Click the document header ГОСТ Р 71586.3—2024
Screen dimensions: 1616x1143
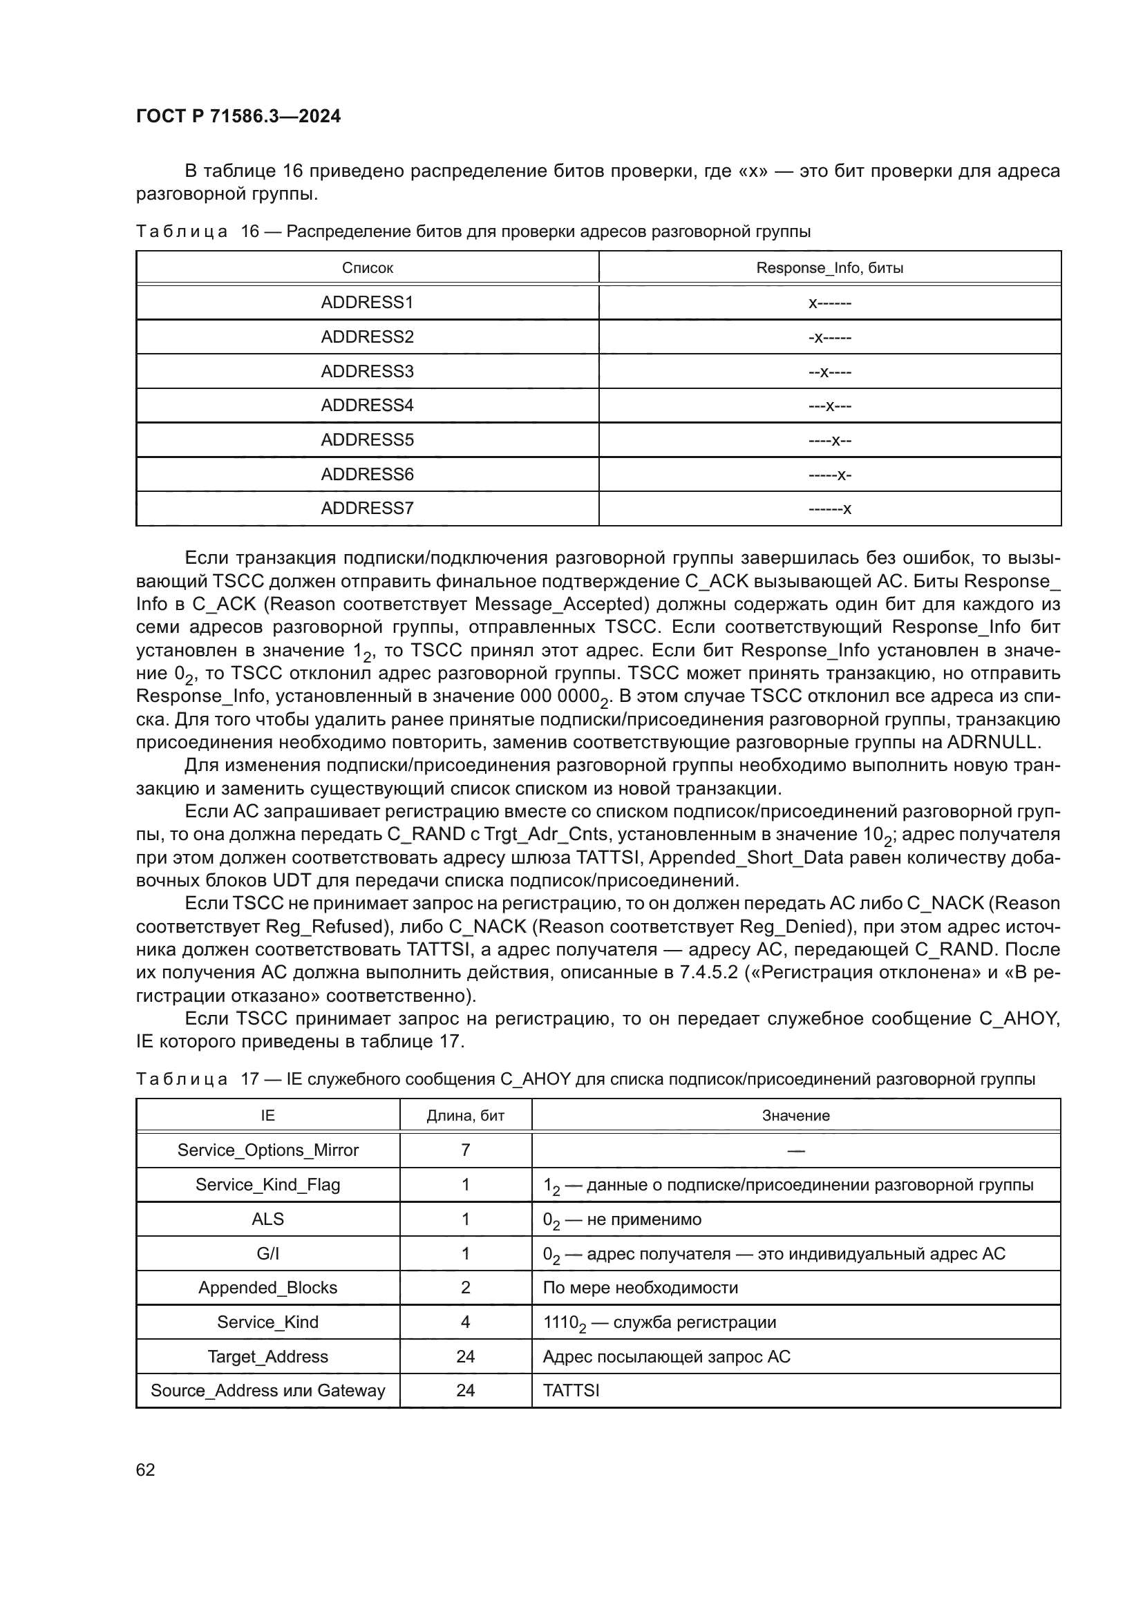coord(238,116)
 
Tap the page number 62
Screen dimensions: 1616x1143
coord(146,1470)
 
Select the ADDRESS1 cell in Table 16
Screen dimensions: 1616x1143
coord(367,303)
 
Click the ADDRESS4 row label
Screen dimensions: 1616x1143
coord(367,406)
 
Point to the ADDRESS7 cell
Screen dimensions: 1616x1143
coord(367,508)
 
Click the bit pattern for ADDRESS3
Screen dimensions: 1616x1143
coord(829,372)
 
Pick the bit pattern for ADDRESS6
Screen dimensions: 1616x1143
coord(829,475)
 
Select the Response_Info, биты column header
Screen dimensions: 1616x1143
coord(829,268)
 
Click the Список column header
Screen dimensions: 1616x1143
coord(367,268)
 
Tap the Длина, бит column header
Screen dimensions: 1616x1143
coord(465,1116)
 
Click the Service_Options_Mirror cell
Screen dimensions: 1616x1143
coord(267,1150)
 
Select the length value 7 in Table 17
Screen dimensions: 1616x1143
coord(465,1150)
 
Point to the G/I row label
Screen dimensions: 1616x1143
coord(267,1253)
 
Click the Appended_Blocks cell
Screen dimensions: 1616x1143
coord(267,1288)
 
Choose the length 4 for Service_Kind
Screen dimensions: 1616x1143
coord(465,1322)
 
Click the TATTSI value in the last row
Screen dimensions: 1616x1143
coord(571,1391)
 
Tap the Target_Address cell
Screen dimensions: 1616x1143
coord(267,1357)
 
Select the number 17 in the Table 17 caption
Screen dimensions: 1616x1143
coord(250,1080)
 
